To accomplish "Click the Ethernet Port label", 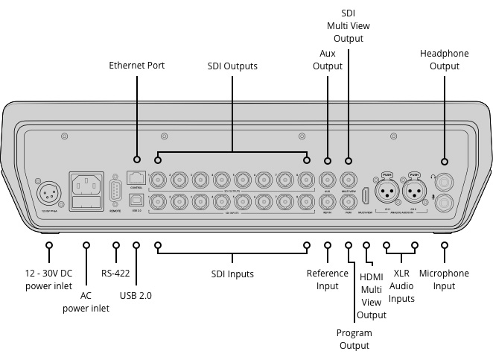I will pyautogui.click(x=136, y=66).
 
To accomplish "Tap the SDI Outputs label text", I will pyautogui.click(x=232, y=66).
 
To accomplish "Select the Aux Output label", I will pyautogui.click(x=327, y=60).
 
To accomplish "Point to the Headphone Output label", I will pyautogui.click(x=445, y=60).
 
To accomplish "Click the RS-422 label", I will pyautogui.click(x=115, y=274).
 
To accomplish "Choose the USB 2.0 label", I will pyautogui.click(x=136, y=295).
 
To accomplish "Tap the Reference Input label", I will pyautogui.click(x=328, y=280).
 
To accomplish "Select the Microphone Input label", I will pyautogui.click(x=444, y=280).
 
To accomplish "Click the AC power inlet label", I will pyautogui.click(x=86, y=302).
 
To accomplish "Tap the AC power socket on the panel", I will pyautogui.click(x=86, y=182).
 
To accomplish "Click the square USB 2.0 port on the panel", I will pyautogui.click(x=136, y=200).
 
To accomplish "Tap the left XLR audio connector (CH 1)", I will pyautogui.click(x=387, y=192).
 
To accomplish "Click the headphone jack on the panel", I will pyautogui.click(x=445, y=180).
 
